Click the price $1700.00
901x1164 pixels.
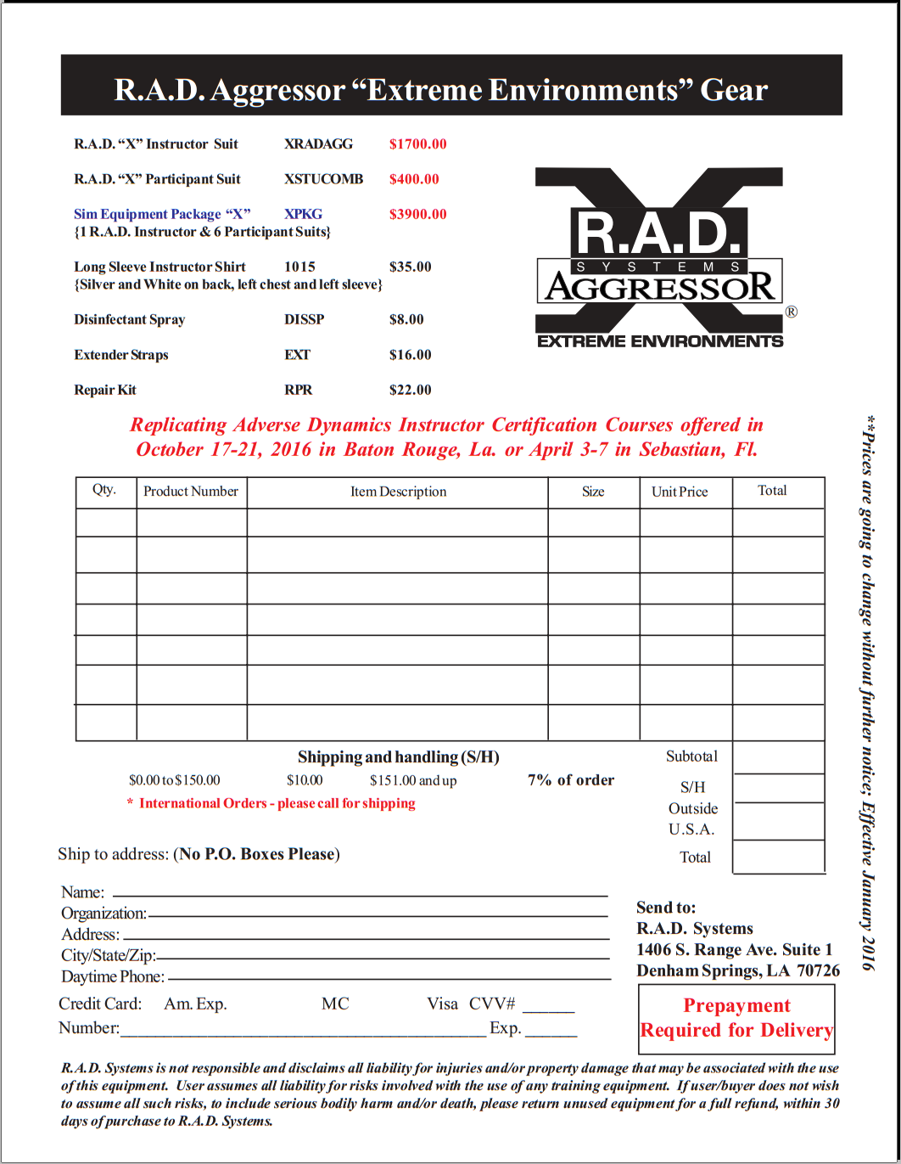coord(417,144)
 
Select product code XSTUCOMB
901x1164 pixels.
coord(323,179)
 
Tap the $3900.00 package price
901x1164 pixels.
coord(417,214)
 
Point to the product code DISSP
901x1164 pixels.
coord(304,320)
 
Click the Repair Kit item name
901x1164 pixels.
coord(105,391)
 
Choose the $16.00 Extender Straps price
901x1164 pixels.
coord(410,355)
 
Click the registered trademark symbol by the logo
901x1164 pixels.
coord(791,312)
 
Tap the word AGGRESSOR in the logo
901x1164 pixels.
coord(660,287)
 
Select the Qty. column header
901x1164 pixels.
coord(104,490)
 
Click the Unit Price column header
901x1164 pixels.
coord(679,492)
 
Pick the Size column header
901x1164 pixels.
coord(593,492)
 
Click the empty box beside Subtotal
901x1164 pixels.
coord(778,757)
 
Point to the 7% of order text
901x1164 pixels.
coord(571,780)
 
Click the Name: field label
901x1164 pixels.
coord(82,892)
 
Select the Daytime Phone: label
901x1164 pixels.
coord(113,977)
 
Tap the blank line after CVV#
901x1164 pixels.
coord(548,1007)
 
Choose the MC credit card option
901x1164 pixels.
coord(335,1004)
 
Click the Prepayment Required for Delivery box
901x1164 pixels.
coord(736,1019)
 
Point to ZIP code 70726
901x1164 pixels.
coord(818,971)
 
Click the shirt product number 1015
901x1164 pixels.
coord(299,267)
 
